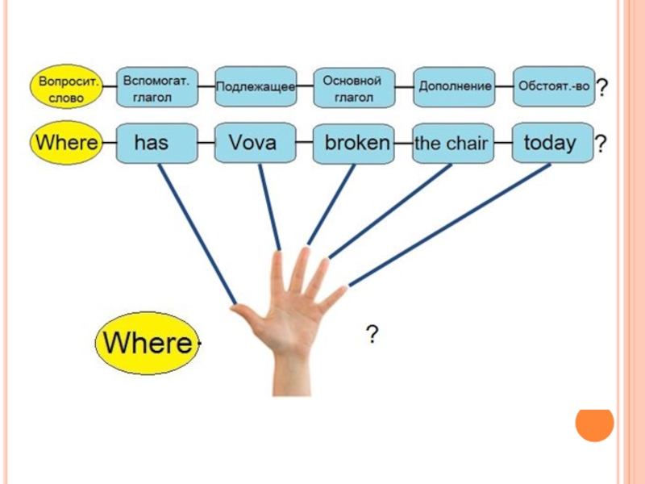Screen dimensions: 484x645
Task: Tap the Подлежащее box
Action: click(255, 86)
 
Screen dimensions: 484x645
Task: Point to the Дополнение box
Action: click(454, 86)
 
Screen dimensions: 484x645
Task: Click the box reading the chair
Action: click(452, 144)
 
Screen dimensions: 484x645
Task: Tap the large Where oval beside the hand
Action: click(146, 344)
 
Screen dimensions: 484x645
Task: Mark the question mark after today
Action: click(601, 144)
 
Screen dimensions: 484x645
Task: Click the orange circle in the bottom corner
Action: click(595, 423)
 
